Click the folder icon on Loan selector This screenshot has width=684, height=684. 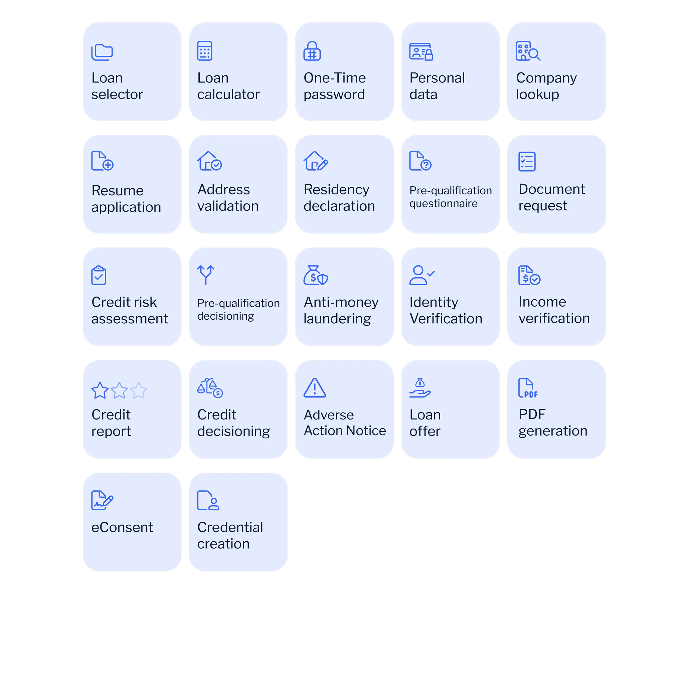click(x=102, y=52)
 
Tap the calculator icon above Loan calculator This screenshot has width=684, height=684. click(x=205, y=51)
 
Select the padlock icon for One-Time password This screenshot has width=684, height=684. click(x=312, y=51)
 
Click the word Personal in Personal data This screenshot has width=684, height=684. click(x=437, y=78)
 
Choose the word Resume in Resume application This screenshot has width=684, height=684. click(x=118, y=190)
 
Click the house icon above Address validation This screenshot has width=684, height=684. click(x=209, y=161)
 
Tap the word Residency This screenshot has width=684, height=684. click(x=336, y=189)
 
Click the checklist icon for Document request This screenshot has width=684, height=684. click(x=527, y=161)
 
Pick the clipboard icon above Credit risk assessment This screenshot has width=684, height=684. click(x=99, y=275)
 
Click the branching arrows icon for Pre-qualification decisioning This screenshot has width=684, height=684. click(x=206, y=275)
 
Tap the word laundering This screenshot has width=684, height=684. click(x=337, y=319)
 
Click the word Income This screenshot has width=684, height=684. click(x=542, y=302)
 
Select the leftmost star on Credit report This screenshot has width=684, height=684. click(x=100, y=390)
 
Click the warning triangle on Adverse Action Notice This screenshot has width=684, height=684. click(x=314, y=388)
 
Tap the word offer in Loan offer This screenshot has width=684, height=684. click(x=425, y=431)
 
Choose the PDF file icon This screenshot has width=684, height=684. click(x=527, y=388)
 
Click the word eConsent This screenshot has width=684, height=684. click(x=122, y=527)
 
